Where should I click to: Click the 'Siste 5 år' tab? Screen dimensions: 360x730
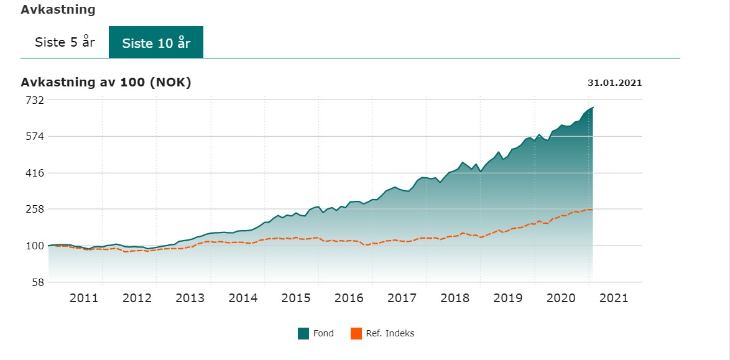[65, 42]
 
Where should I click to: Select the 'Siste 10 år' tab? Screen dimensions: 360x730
[156, 42]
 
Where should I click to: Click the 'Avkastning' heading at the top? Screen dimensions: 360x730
[58, 10]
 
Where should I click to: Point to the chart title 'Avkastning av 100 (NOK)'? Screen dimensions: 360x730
[106, 82]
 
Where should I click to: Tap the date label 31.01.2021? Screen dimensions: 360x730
[614, 83]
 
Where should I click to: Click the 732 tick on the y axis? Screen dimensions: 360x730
[34, 99]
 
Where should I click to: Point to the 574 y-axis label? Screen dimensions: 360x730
[34, 136]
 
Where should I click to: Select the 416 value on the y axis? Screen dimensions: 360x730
[34, 173]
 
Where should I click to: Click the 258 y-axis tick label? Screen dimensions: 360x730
[34, 209]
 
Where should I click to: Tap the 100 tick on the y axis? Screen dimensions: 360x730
[34, 246]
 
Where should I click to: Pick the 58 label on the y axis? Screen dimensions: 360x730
[37, 282]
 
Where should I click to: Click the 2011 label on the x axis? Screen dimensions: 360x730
[84, 298]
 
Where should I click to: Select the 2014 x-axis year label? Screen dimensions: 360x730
[243, 298]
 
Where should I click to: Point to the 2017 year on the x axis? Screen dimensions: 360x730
[402, 298]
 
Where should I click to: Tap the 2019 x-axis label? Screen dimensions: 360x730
[508, 298]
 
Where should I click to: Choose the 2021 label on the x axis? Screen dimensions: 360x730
[614, 298]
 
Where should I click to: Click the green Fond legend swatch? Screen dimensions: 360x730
[303, 334]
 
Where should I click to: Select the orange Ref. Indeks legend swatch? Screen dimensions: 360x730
[356, 334]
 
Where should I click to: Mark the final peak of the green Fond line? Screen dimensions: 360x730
[593, 108]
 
